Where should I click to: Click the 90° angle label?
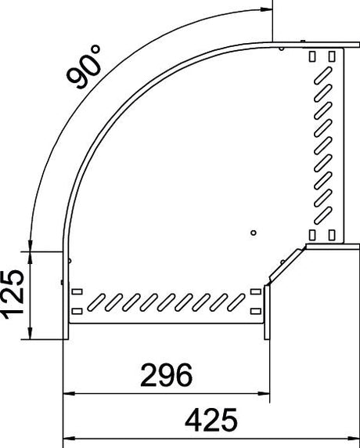[x=84, y=67]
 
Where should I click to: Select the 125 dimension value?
[x=13, y=294]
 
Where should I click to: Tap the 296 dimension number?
[x=167, y=375]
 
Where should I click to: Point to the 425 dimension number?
[x=211, y=420]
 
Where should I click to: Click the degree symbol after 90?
[x=95, y=49]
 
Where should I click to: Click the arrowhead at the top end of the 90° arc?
[x=267, y=9]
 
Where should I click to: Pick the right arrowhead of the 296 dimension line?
[x=264, y=393]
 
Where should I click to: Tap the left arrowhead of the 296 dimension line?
[x=69, y=393]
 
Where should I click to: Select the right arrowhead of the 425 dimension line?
[x=354, y=438]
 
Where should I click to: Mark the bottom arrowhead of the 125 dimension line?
[x=30, y=333]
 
